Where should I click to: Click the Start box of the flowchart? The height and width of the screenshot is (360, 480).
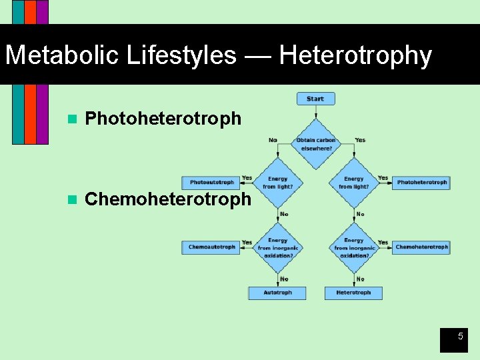(x=315, y=99)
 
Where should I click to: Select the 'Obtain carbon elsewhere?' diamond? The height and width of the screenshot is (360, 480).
(x=315, y=144)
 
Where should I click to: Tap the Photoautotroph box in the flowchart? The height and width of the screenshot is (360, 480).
(x=211, y=182)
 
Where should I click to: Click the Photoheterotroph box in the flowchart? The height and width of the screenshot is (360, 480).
(x=421, y=182)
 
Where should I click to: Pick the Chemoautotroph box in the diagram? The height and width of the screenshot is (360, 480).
(x=211, y=247)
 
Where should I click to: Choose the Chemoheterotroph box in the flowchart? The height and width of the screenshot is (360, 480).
(x=421, y=247)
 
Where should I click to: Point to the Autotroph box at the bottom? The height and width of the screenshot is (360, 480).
(x=277, y=293)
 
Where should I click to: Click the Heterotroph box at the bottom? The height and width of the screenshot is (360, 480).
(x=353, y=293)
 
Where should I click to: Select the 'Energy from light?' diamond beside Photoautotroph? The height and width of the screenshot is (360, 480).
(x=277, y=182)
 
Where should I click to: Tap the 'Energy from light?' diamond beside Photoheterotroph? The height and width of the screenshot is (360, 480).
(x=353, y=182)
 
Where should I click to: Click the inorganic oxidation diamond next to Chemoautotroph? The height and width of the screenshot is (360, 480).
(x=277, y=248)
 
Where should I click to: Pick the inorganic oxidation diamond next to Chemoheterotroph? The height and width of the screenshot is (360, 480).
(x=353, y=248)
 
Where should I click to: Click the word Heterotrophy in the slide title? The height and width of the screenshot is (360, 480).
(x=355, y=55)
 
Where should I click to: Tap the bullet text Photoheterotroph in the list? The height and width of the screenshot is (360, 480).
(x=163, y=119)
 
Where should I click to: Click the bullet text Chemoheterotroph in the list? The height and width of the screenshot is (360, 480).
(x=169, y=199)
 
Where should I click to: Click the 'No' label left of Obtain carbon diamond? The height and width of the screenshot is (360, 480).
(x=273, y=140)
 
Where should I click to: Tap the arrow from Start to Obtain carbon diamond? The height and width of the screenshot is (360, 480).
(x=315, y=112)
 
